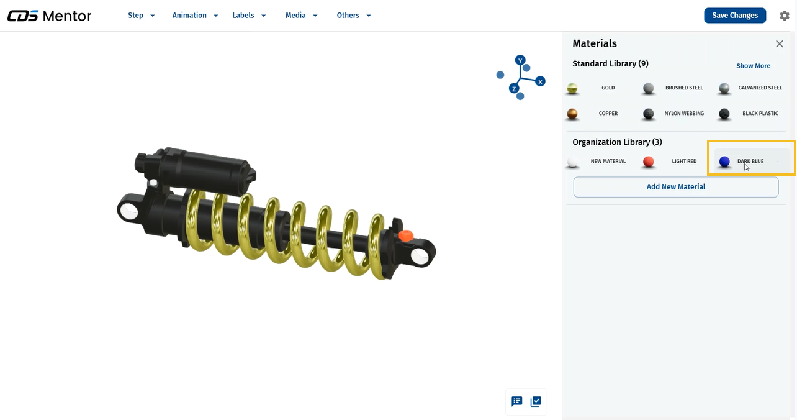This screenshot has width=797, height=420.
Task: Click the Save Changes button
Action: click(735, 16)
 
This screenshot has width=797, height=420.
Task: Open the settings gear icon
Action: click(784, 16)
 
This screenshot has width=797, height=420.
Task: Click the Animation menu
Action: click(195, 16)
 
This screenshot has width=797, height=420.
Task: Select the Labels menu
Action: click(249, 16)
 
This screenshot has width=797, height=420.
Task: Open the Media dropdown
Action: click(302, 16)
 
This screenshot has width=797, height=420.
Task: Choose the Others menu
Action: click(354, 16)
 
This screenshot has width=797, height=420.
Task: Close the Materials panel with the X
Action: click(779, 44)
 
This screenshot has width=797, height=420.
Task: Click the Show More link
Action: click(753, 66)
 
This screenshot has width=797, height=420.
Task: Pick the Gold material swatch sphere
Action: click(572, 88)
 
